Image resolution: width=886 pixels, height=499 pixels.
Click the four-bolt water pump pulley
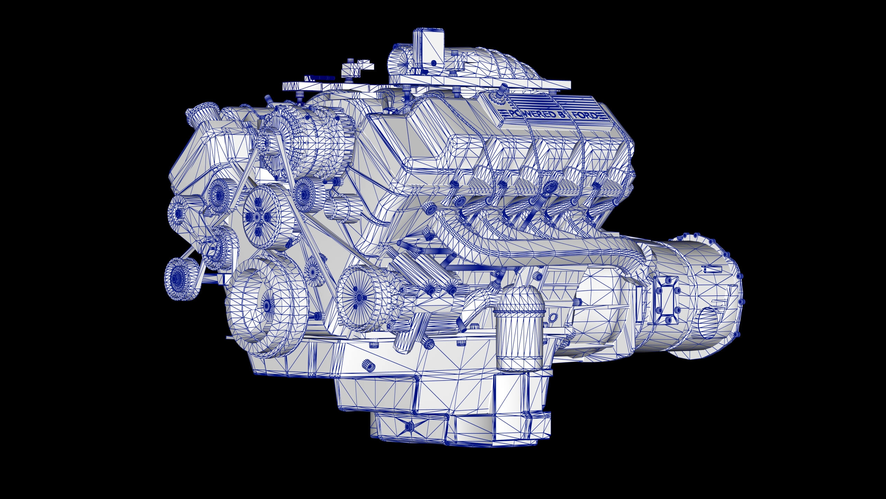[258, 217]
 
